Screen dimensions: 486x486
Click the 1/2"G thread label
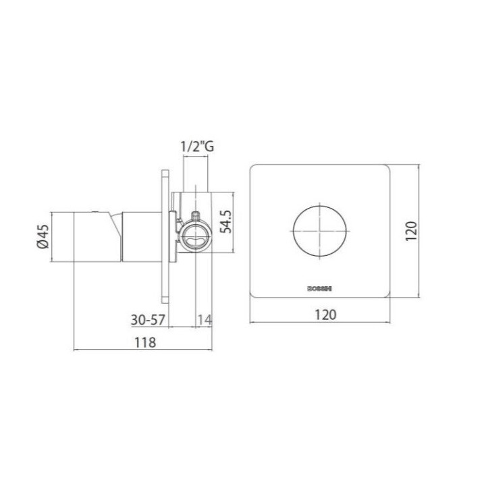tap(196, 146)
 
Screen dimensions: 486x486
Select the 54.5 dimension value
tap(227, 221)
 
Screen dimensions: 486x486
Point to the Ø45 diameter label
tap(42, 237)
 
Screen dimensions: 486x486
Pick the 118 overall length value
tap(144, 342)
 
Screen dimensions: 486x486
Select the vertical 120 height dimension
tap(412, 230)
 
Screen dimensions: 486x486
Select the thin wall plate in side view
tap(164, 236)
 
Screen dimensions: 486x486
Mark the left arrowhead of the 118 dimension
tap(74, 350)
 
